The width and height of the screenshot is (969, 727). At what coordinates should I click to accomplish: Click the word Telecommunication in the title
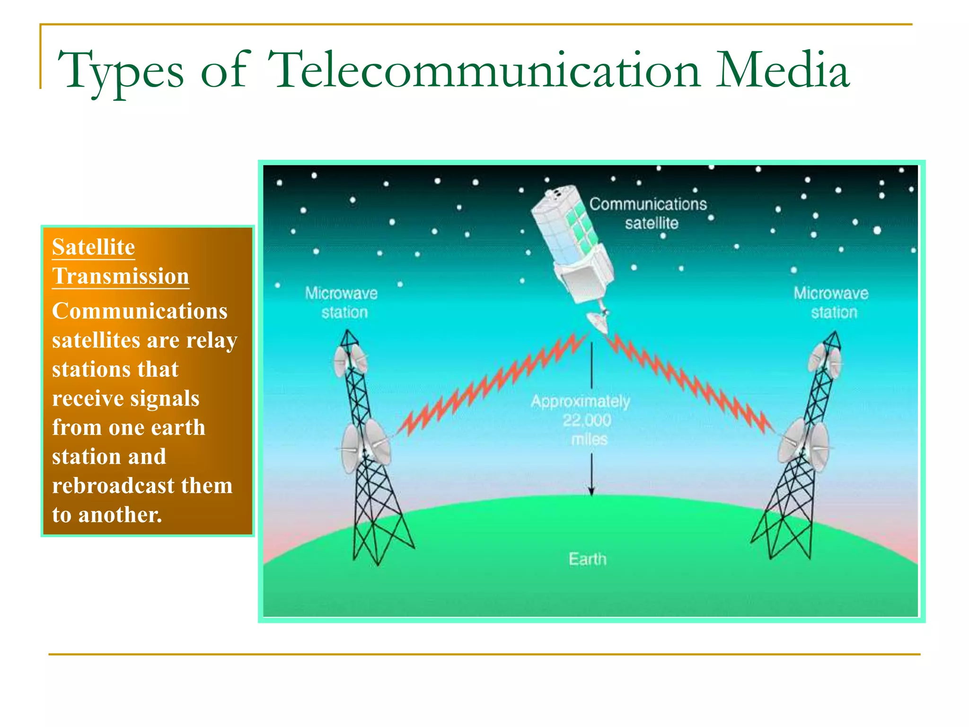(484, 71)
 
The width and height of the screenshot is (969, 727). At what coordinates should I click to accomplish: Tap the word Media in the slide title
(782, 71)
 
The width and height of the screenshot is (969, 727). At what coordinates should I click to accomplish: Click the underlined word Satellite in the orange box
(94, 247)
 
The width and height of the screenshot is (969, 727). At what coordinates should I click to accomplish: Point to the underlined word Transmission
(121, 276)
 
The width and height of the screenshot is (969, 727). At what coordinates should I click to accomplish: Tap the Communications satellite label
(648, 213)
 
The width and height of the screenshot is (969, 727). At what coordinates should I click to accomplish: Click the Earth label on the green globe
(587, 559)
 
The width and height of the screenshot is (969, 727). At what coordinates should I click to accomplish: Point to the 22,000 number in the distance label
(587, 420)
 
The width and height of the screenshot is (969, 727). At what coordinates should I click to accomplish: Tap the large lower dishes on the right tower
(804, 445)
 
